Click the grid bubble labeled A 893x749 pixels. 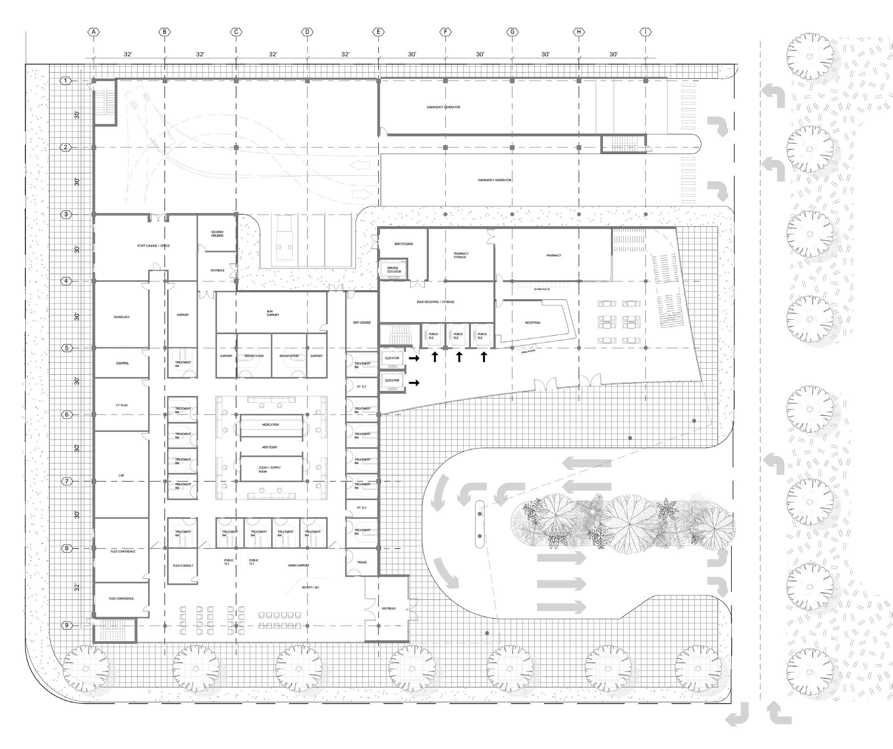tap(94, 32)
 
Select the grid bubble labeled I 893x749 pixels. tap(646, 32)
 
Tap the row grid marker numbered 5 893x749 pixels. tap(66, 348)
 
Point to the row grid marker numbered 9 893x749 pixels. tap(66, 625)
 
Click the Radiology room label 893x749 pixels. tap(122, 317)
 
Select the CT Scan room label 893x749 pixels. tap(122, 405)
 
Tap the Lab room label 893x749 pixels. tap(122, 475)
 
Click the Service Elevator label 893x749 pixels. tap(393, 270)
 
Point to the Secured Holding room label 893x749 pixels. tap(217, 234)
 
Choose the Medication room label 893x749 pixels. tap(271, 425)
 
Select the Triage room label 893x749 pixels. tap(362, 563)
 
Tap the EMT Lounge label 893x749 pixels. tap(362, 322)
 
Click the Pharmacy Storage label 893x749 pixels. tap(460, 255)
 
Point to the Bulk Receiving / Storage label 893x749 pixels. tap(435, 302)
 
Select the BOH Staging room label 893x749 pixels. tap(403, 244)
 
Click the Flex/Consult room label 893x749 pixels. tap(183, 566)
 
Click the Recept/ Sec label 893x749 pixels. tap(311, 588)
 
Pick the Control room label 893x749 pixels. tap(122, 363)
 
